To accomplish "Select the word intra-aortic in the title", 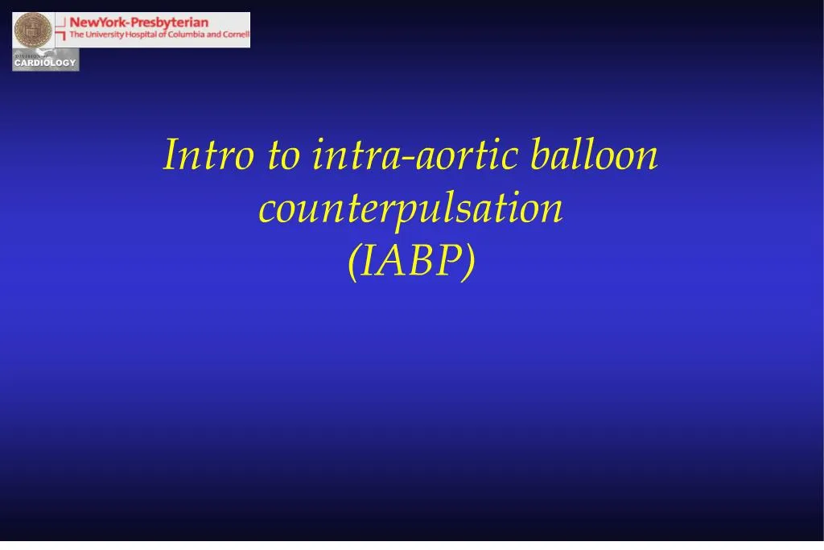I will coord(414,155).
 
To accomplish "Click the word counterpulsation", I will coord(410,209).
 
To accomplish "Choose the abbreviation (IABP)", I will coord(411,262).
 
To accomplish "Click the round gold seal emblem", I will coord(32,30).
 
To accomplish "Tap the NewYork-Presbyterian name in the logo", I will coord(138,23).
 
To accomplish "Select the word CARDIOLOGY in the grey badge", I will coord(45,63).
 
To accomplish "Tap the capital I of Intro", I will coord(170,155).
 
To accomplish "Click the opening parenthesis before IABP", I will coord(353,263).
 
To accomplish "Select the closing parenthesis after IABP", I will coord(469,263).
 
